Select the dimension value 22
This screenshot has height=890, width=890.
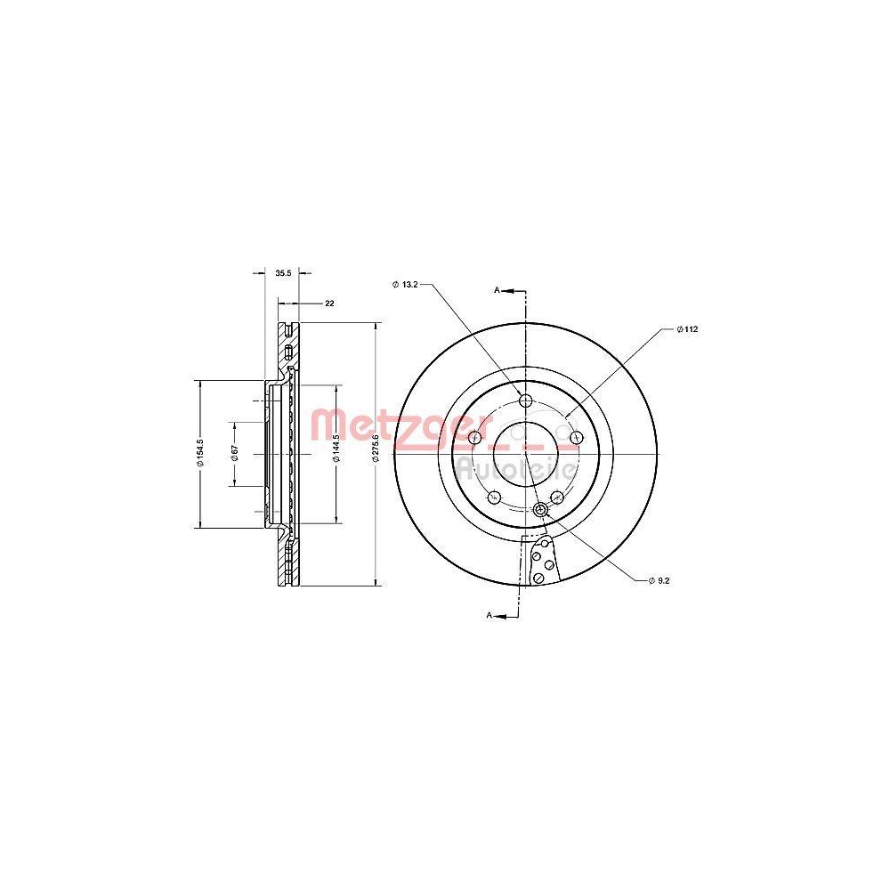coord(328,303)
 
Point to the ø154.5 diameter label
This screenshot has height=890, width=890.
coord(201,453)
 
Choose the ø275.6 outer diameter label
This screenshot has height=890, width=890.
coord(376,453)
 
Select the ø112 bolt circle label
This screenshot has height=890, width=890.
coord(687,329)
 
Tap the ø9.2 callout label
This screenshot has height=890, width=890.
coord(659,579)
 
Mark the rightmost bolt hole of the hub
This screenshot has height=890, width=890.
coord(576,437)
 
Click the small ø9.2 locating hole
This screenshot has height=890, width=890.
coord(541,509)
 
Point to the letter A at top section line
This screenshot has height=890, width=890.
coord(498,290)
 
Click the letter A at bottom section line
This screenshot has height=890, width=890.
coord(489,615)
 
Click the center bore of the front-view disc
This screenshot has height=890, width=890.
coord(525,442)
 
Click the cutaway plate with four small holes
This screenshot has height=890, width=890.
coord(542,562)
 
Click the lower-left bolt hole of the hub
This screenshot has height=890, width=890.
coord(494,497)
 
